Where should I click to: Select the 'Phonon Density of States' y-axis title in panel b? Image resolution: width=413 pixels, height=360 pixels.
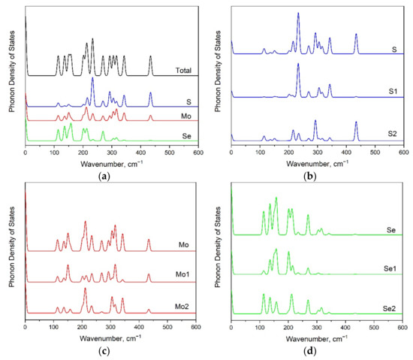(216, 75)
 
